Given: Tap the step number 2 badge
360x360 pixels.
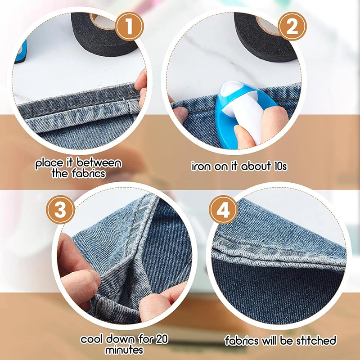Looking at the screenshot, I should click(292, 28).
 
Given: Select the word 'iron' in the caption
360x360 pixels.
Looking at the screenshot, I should click(201, 166).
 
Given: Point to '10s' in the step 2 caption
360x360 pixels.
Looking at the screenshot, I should click(277, 166).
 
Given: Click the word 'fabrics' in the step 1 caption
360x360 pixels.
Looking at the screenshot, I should click(88, 173).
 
